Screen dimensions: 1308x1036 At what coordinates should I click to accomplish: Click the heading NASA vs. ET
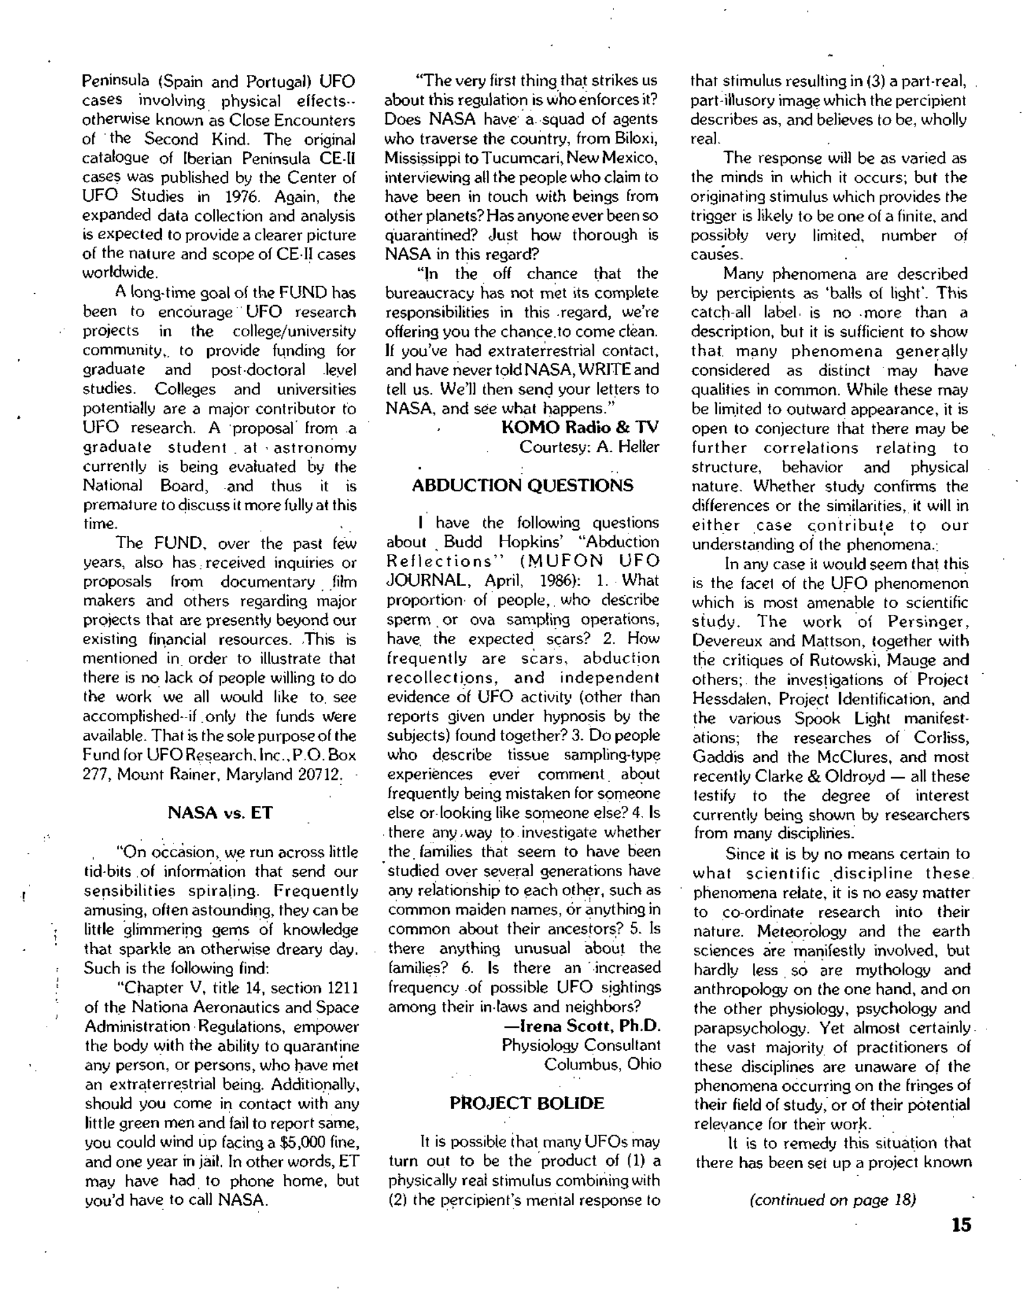[x=219, y=812]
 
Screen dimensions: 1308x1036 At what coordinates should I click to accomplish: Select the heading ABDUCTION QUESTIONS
[x=522, y=485]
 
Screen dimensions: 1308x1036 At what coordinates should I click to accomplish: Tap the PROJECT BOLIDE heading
[x=526, y=1103]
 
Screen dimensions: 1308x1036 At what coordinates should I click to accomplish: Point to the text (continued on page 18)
[x=833, y=1200]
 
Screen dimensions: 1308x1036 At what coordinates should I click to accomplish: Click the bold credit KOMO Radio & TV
[x=581, y=428]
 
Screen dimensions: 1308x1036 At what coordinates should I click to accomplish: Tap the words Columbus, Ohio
[x=602, y=1064]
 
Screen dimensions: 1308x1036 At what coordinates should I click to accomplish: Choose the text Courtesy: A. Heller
[x=589, y=447]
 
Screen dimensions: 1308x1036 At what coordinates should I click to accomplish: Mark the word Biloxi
[x=635, y=139]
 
